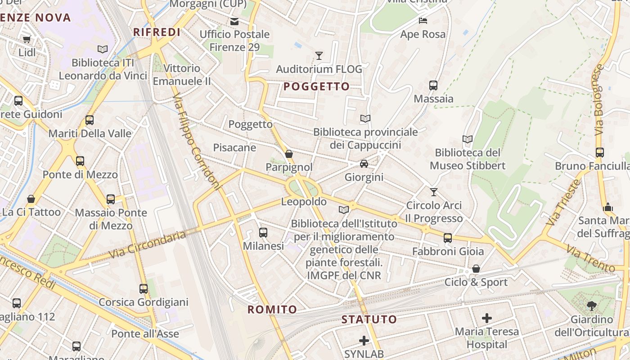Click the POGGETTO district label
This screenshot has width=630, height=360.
tap(317, 86)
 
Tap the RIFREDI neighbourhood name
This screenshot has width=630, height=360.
tap(157, 32)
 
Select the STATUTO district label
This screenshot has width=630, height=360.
tap(369, 319)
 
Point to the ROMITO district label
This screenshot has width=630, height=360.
tap(272, 309)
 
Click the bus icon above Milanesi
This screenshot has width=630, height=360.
tap(263, 233)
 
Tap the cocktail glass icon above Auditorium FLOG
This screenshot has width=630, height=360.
tap(319, 56)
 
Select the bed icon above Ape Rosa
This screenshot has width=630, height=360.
tap(423, 20)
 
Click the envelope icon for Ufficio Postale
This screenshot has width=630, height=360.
tap(234, 21)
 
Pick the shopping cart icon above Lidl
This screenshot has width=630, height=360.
tap(27, 39)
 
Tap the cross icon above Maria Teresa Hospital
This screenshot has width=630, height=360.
tap(486, 318)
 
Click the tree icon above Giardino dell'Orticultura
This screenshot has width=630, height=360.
tap(592, 306)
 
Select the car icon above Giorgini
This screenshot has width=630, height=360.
tap(364, 164)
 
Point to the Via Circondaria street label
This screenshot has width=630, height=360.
tap(147, 245)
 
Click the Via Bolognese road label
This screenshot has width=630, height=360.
tap(599, 100)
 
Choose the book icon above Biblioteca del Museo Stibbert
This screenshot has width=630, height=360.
tap(468, 139)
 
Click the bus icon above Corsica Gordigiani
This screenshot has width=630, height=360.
tap(144, 288)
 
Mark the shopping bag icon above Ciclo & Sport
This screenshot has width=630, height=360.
tap(476, 269)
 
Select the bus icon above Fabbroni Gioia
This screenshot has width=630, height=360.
tap(447, 238)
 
